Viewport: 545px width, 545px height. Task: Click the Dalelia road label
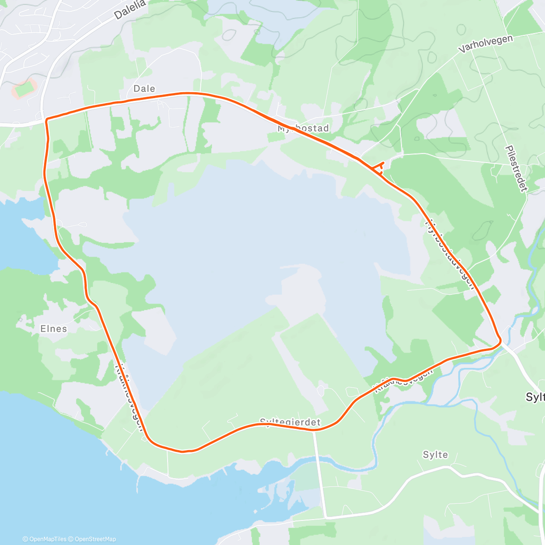click(x=130, y=9)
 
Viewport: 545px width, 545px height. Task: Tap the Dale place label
click(x=144, y=89)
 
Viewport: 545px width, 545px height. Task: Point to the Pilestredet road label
click(x=515, y=168)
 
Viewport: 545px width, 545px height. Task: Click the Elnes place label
click(x=54, y=328)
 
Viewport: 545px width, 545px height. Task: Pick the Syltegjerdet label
click(x=290, y=422)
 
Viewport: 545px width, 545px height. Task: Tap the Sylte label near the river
click(x=435, y=455)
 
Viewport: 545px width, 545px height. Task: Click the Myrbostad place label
click(x=303, y=129)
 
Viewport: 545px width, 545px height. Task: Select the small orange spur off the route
click(x=380, y=167)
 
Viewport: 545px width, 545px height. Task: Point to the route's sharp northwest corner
click(x=46, y=120)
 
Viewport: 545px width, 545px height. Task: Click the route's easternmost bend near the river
click(x=500, y=340)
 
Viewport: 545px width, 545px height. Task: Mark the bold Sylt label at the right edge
click(x=535, y=397)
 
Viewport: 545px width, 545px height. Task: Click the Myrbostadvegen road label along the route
click(x=450, y=254)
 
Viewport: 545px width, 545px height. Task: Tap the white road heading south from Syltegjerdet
click(x=320, y=472)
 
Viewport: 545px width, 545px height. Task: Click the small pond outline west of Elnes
click(x=20, y=319)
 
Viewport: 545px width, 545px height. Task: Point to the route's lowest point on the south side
click(x=183, y=451)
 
